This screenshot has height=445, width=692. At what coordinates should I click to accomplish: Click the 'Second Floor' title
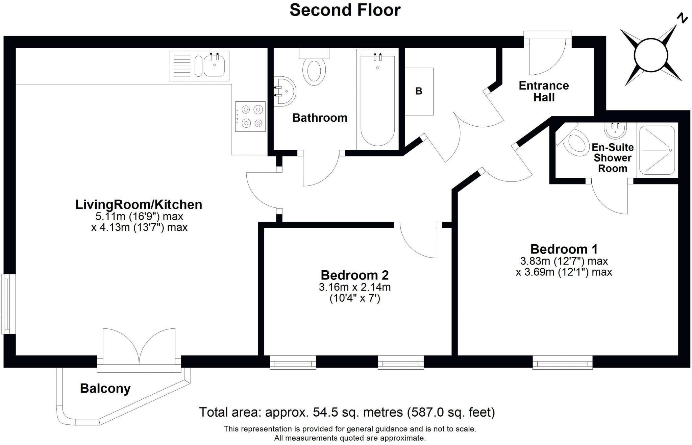(x=345, y=10)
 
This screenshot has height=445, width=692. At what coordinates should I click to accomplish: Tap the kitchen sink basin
(x=214, y=66)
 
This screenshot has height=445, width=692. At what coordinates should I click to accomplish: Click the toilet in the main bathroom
(x=314, y=67)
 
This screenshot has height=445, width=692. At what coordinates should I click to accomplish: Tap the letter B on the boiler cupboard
(x=419, y=91)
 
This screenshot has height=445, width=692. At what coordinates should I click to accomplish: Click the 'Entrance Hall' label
(x=544, y=91)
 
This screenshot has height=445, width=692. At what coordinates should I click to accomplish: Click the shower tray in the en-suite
(x=657, y=150)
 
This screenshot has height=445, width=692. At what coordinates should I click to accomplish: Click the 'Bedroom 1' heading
(x=564, y=249)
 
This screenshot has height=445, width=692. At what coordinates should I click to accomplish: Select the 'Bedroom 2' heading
(x=355, y=275)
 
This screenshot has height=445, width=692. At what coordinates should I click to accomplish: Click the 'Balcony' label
(x=105, y=389)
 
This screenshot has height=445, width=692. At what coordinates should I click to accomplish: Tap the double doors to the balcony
(x=139, y=347)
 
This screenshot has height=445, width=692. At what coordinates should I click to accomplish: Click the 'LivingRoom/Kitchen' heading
(x=139, y=204)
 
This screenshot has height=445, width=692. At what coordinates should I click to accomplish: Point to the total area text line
(x=347, y=412)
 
